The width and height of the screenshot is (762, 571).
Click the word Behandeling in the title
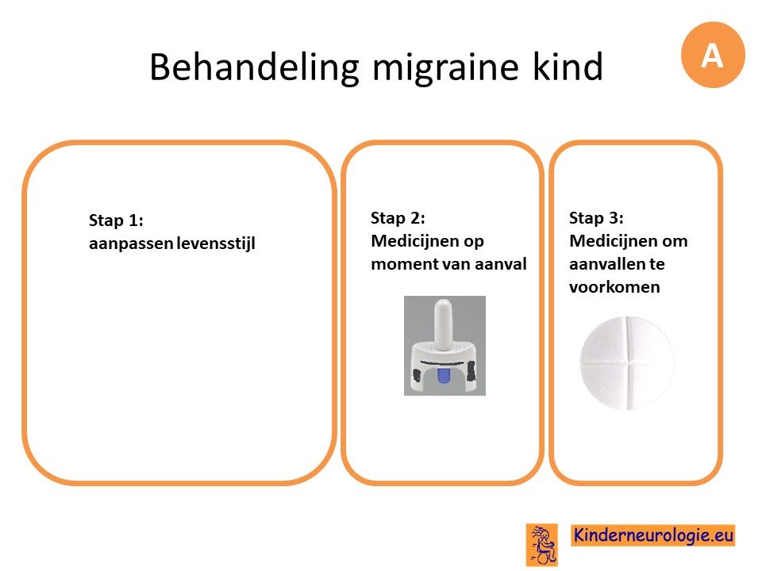[255, 67]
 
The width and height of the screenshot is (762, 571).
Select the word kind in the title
[568, 66]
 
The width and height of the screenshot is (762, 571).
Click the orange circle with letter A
[713, 55]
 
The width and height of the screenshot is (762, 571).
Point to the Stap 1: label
[116, 220]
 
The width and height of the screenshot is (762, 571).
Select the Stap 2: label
[398, 218]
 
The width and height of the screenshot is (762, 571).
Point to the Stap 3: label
[596, 218]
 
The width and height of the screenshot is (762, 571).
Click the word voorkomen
[614, 287]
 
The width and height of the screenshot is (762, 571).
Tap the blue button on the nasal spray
[443, 375]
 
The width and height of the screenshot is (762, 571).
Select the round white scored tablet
[627, 363]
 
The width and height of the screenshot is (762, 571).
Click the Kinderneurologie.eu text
[653, 535]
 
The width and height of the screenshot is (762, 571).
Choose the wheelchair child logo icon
[542, 545]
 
